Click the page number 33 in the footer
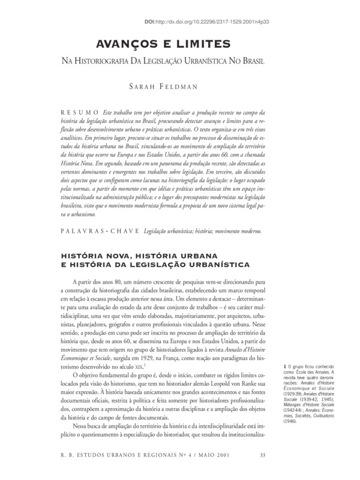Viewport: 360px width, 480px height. [262, 454]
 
